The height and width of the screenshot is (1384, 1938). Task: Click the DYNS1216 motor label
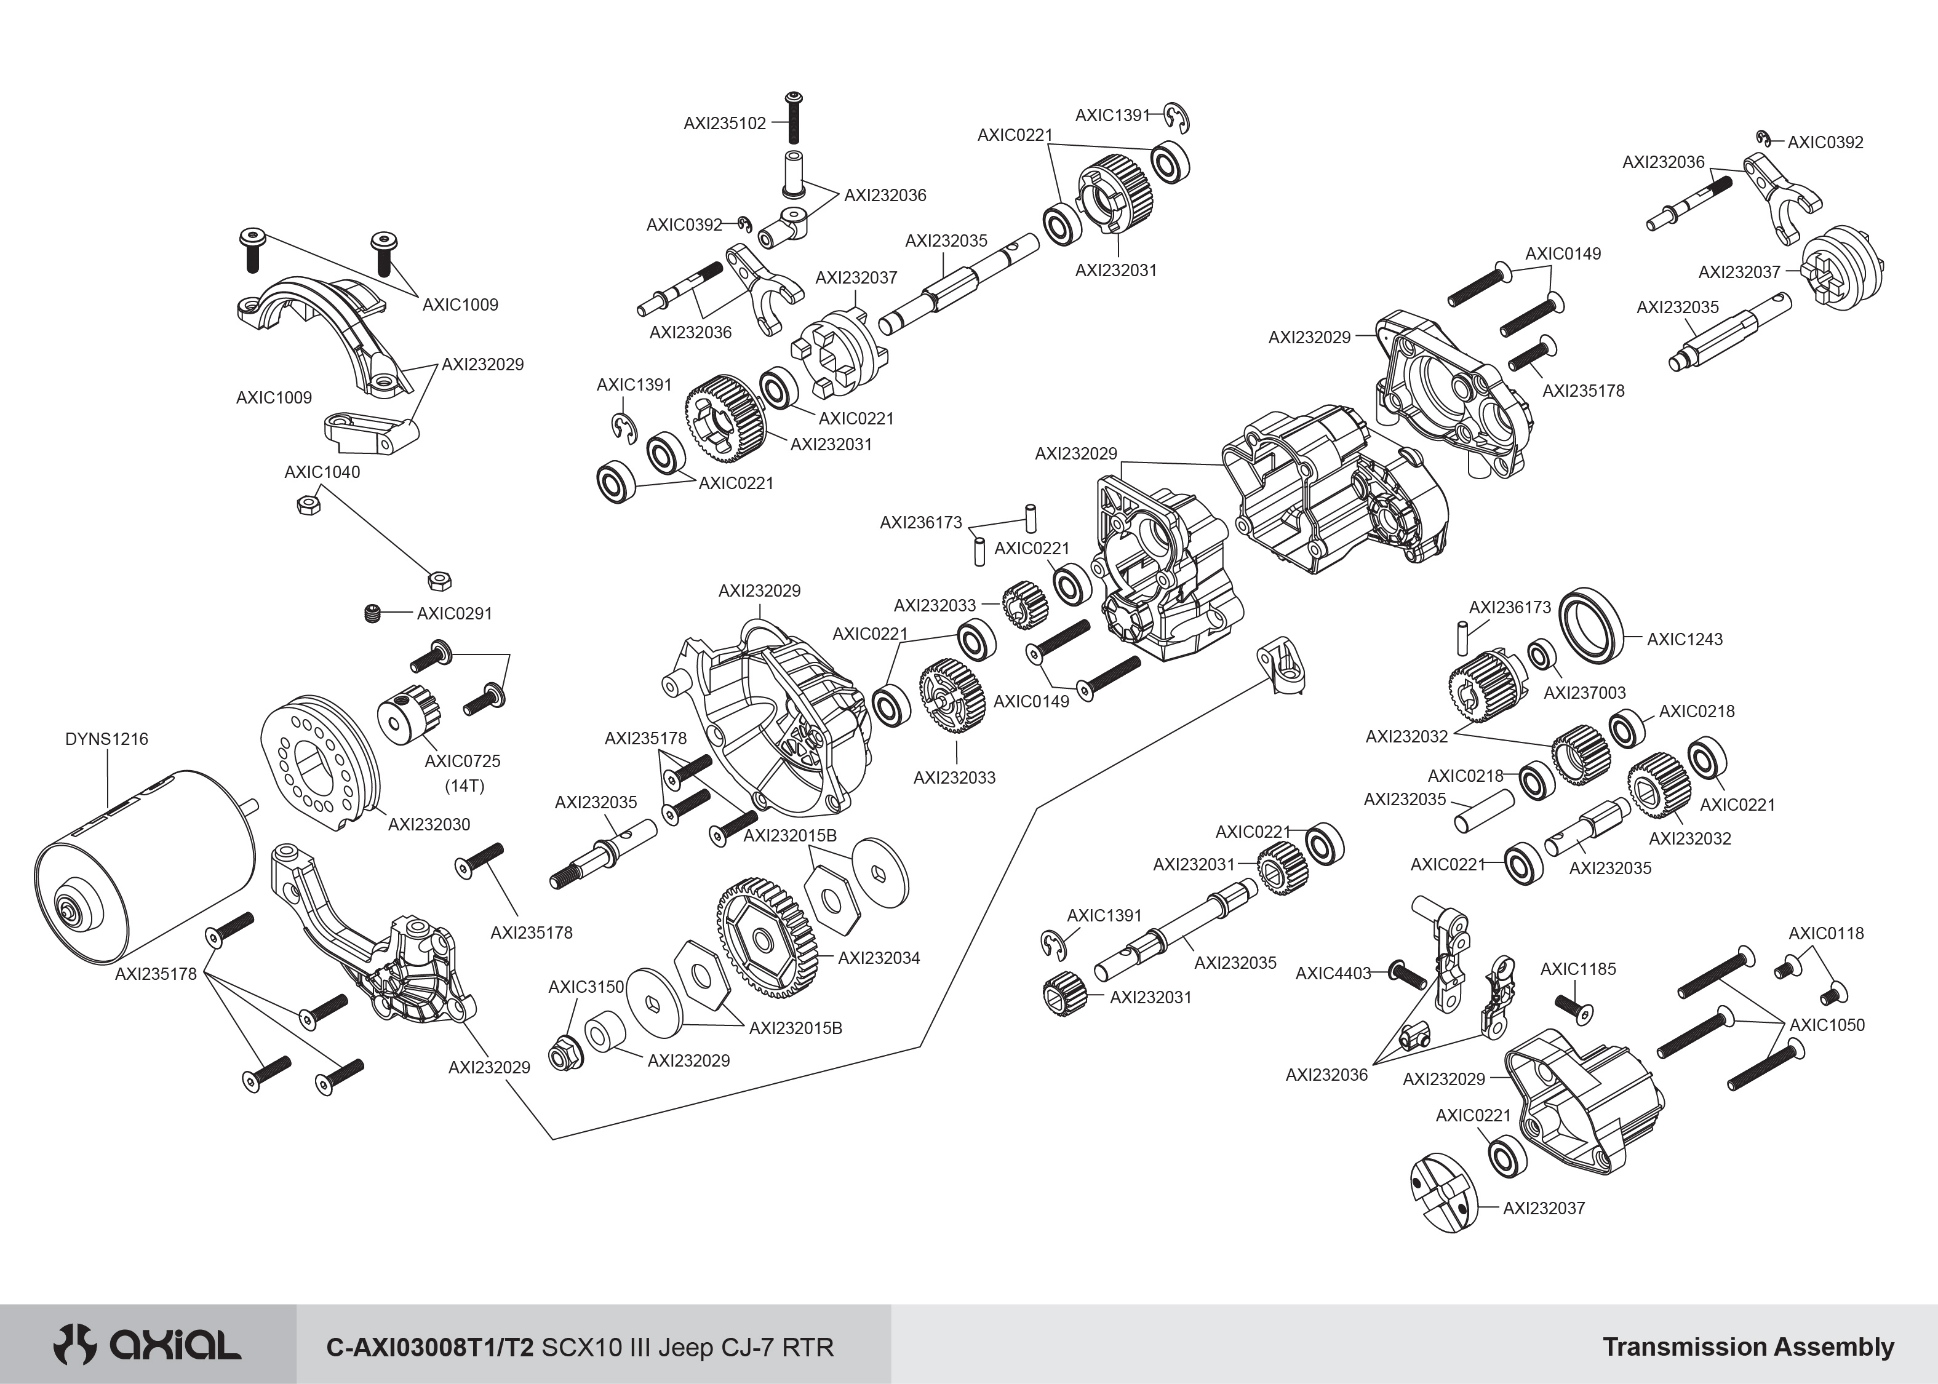coord(106,739)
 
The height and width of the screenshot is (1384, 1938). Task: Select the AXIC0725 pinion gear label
coord(462,761)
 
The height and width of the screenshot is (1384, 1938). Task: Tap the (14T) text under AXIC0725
coord(465,785)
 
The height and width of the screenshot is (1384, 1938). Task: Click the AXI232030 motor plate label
coord(429,824)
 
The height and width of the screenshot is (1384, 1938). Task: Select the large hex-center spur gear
coord(767,937)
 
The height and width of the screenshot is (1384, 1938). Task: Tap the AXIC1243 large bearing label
coord(1684,639)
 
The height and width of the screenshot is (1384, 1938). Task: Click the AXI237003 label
coord(1584,693)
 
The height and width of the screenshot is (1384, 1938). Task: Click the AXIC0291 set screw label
coord(454,614)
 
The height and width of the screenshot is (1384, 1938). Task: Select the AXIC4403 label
coord(1333,973)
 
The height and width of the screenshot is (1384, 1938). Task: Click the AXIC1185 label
coord(1577,969)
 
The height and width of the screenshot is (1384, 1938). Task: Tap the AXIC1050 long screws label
coord(1827,1025)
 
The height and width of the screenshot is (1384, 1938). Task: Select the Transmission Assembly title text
coord(1748,1346)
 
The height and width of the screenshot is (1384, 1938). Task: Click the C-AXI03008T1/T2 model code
coord(431,1347)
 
